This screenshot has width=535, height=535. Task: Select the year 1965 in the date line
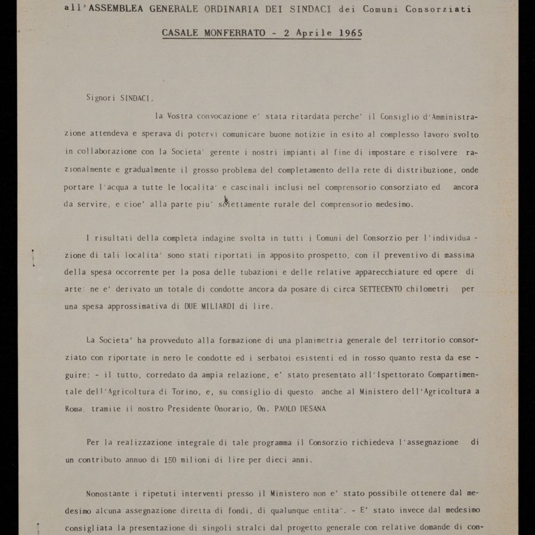(x=350, y=33)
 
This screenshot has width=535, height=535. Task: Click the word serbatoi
(x=248, y=357)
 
